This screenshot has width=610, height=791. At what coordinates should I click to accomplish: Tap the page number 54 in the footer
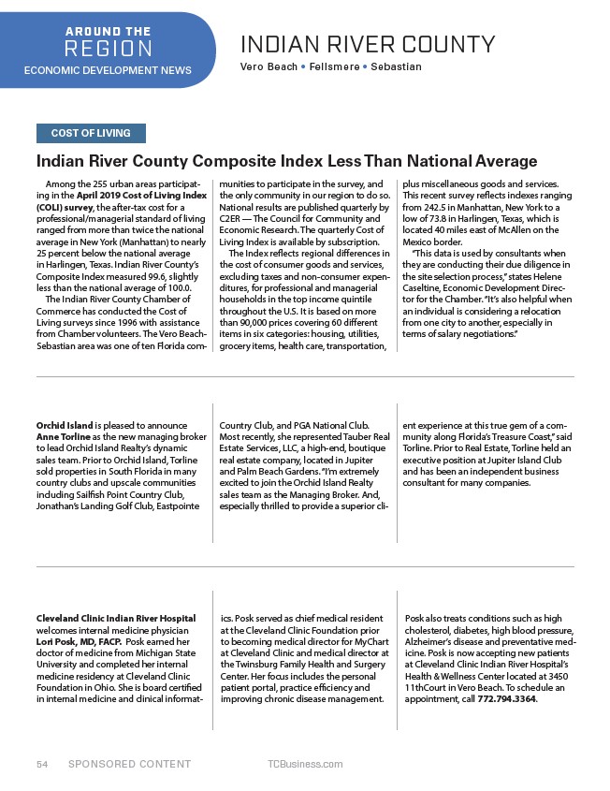tap(42, 765)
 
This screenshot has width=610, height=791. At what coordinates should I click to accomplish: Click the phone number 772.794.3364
tap(508, 698)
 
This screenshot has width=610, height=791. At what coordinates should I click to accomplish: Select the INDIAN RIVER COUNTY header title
tap(368, 44)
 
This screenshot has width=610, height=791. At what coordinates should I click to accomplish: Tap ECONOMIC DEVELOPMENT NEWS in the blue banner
tap(107, 70)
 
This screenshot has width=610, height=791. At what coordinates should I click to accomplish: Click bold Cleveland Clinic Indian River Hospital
tap(115, 619)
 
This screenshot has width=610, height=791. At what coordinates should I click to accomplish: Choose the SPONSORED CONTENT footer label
tap(129, 765)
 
